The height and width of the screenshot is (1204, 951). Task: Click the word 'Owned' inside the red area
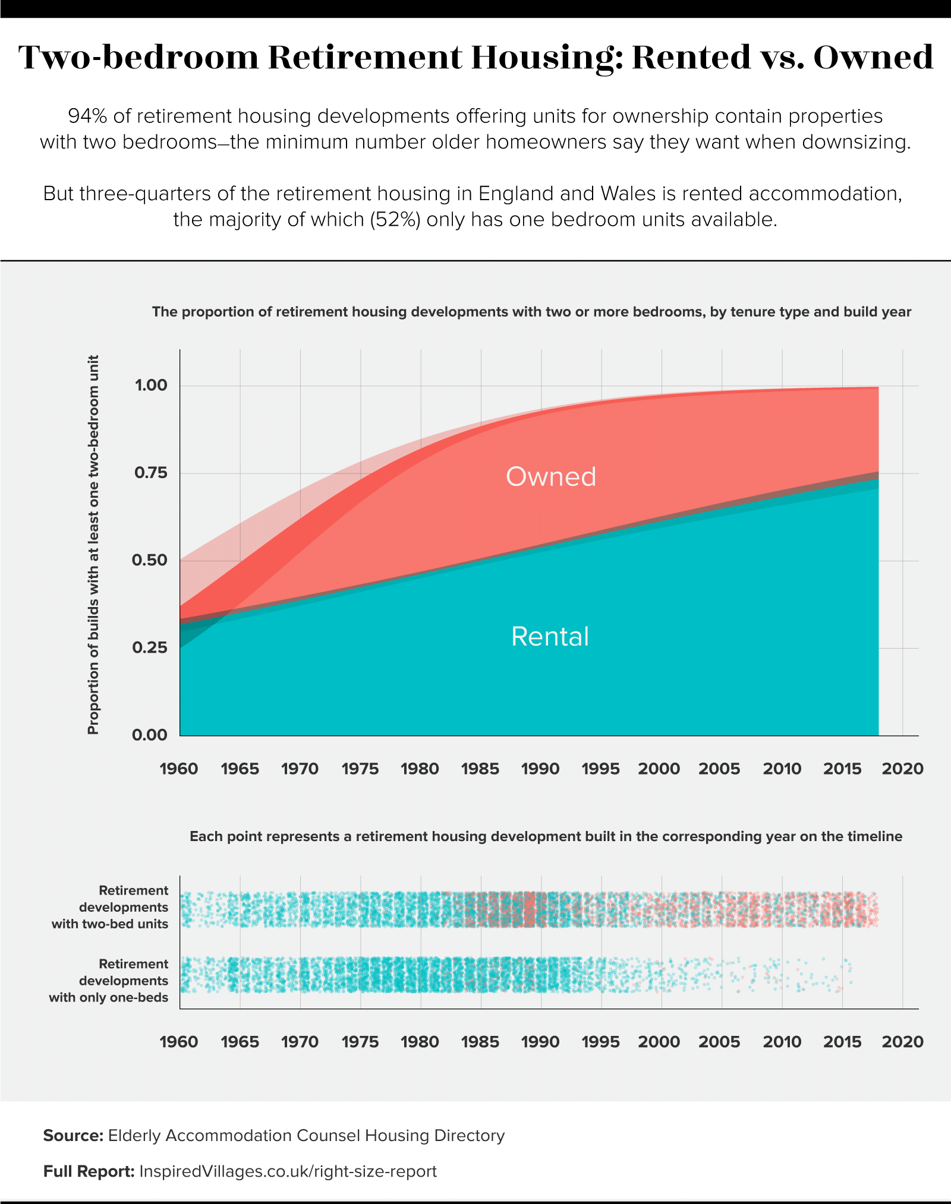550,476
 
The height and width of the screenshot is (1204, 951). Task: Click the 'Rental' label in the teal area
550,636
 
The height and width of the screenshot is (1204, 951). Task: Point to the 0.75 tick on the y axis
150,473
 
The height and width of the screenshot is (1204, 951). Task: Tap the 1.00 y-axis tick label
150,385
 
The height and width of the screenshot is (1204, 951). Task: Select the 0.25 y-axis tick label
150,647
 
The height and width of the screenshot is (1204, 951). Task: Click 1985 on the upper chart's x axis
480,769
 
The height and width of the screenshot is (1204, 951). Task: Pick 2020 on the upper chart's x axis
902,769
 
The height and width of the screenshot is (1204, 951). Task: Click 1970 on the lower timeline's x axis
300,1041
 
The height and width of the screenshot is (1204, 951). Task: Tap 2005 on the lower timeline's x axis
719,1041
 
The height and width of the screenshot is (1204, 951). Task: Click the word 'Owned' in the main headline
873,58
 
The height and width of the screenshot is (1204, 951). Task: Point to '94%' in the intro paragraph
87,116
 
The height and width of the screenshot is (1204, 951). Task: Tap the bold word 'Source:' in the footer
73,1136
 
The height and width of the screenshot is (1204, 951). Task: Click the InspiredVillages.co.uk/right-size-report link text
288,1171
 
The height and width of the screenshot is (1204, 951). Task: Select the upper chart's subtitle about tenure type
531,312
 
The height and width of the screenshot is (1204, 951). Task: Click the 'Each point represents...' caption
546,836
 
